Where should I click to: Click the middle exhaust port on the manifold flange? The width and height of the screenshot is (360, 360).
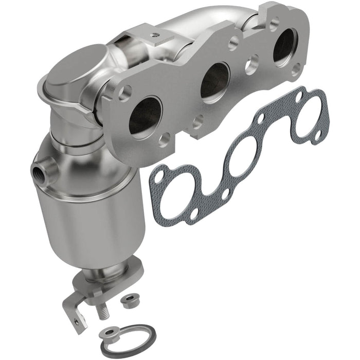click(x=215, y=81)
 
